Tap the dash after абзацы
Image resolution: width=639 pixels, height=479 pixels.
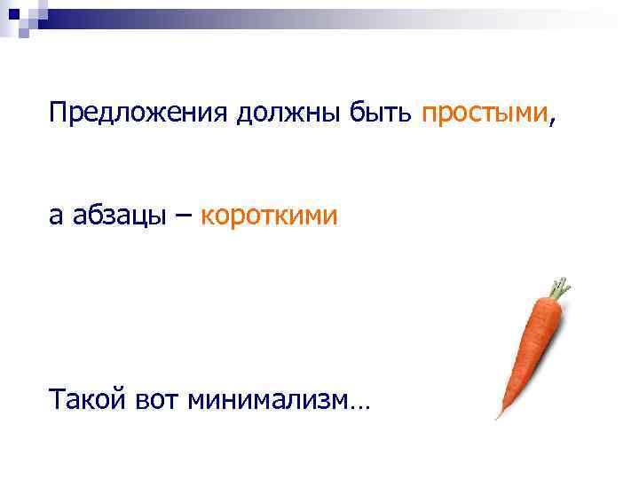tap(185, 216)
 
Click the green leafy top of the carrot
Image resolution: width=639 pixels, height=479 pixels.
tap(558, 287)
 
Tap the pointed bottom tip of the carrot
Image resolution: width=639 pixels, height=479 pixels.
tap(499, 415)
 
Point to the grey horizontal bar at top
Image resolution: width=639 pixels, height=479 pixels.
tap(355, 13)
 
